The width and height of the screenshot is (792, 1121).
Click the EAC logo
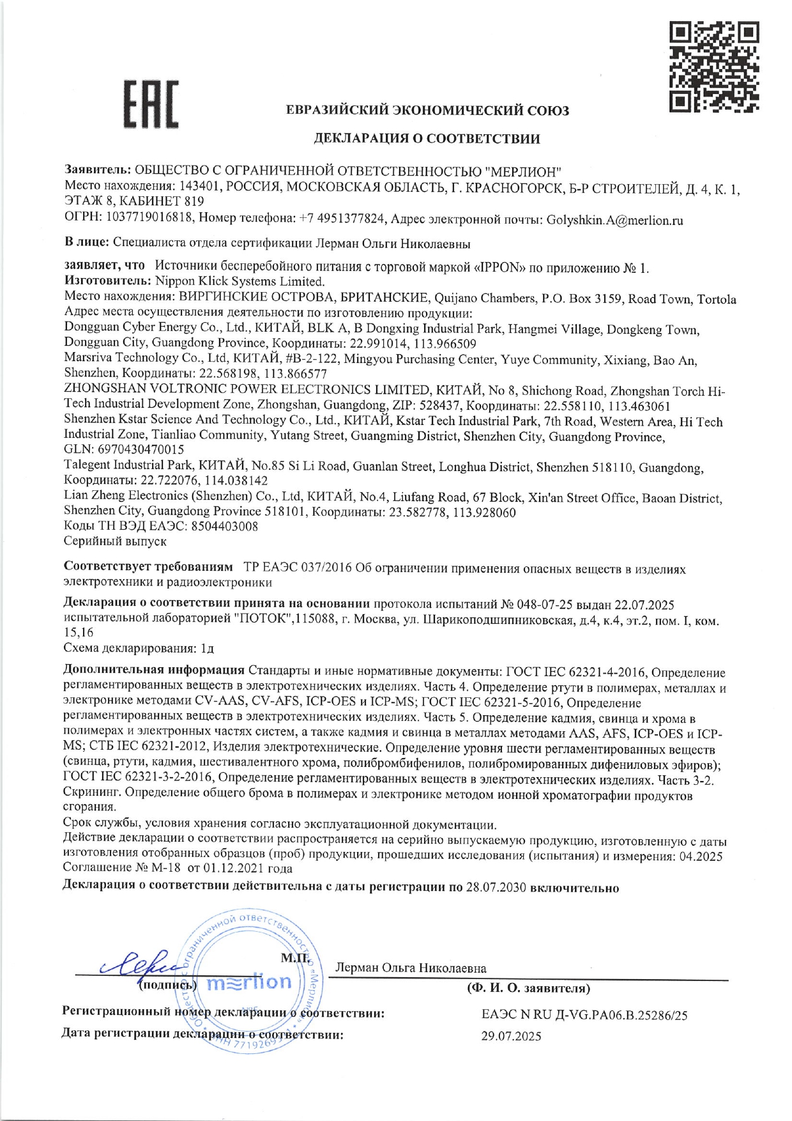[151, 105]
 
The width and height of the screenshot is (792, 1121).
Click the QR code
[714, 67]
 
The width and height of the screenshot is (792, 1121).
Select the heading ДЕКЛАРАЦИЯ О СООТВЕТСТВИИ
[427, 139]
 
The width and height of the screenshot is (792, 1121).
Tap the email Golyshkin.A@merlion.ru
[614, 220]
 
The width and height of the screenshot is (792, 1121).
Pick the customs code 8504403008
[225, 526]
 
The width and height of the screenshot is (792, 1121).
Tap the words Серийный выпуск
[115, 541]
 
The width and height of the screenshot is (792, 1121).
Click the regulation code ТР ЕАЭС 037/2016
[298, 568]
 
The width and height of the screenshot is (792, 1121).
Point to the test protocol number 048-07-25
[545, 605]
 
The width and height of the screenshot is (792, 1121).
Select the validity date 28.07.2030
[496, 888]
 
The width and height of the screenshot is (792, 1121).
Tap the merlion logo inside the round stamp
[250, 982]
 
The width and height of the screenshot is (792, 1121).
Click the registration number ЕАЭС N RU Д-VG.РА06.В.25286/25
[584, 1016]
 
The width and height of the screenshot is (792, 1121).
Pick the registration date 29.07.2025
[510, 1037]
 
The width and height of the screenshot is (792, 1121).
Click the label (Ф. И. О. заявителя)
[529, 989]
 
